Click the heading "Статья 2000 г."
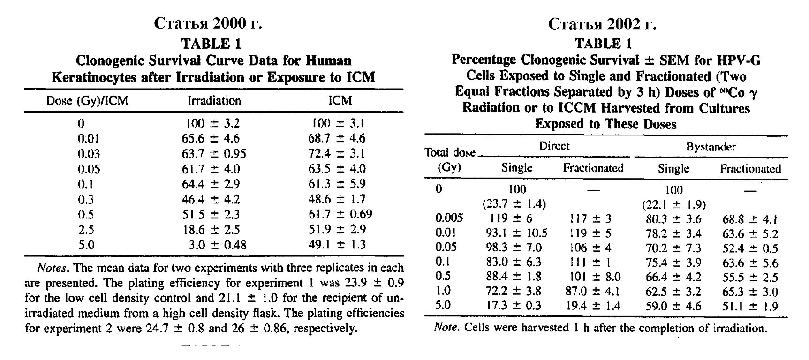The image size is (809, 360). point(208,23)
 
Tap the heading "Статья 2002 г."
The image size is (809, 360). point(602,24)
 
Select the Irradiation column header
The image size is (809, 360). point(214,101)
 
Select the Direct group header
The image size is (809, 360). point(554,146)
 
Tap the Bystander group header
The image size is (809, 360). point(711,147)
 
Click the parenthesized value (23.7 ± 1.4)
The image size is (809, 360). point(514,204)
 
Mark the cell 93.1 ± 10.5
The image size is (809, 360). point(516,233)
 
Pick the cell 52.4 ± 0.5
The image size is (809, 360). point(749,248)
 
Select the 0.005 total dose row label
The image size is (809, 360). point(449,218)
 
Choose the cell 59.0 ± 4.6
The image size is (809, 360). point(673,306)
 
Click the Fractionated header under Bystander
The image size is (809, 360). point(750,169)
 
